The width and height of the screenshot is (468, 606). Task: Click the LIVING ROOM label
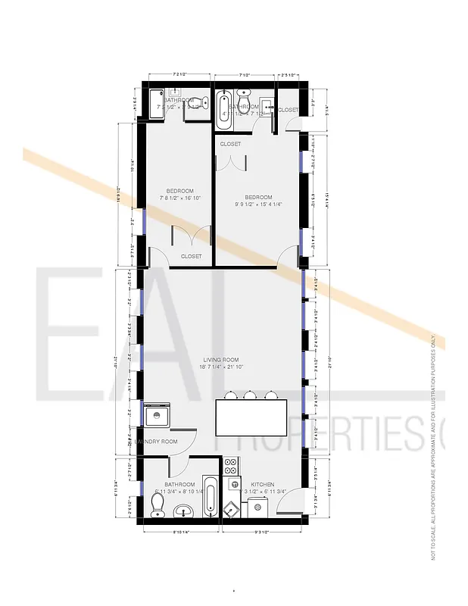click(220, 359)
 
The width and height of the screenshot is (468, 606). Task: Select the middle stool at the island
click(250, 394)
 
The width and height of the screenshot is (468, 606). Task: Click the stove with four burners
click(232, 464)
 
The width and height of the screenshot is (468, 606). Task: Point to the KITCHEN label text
click(263, 485)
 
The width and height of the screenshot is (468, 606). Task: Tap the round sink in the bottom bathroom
click(183, 512)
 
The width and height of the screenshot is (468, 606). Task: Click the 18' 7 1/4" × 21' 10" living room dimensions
click(220, 367)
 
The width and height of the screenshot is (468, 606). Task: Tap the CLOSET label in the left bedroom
click(191, 257)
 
